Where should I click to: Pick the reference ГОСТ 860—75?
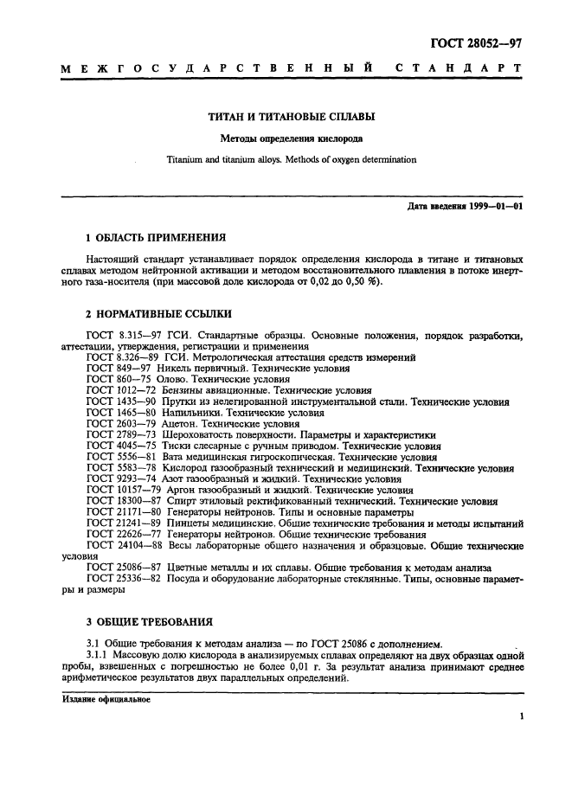[118, 379]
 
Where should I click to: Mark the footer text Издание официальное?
[106, 700]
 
